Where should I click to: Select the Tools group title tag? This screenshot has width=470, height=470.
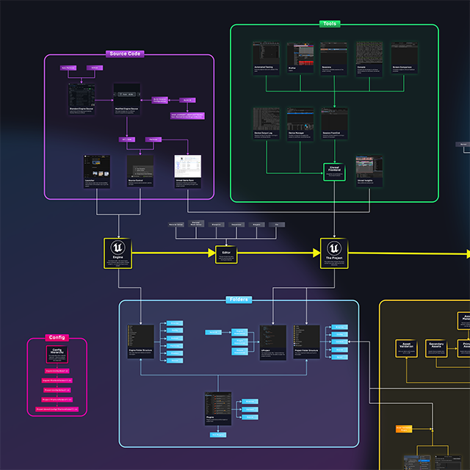(330, 24)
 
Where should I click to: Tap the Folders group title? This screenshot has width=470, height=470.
(238, 300)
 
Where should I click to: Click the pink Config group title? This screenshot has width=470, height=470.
(57, 337)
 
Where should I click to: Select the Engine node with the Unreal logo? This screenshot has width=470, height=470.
(117, 253)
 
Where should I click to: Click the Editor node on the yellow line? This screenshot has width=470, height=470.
(226, 254)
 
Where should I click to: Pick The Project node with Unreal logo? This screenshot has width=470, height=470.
(334, 253)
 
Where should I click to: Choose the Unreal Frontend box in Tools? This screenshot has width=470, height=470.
(334, 172)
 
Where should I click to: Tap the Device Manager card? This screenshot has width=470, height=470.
(300, 125)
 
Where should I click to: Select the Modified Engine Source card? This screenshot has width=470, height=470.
(128, 101)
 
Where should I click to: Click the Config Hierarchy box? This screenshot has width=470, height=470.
(57, 355)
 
